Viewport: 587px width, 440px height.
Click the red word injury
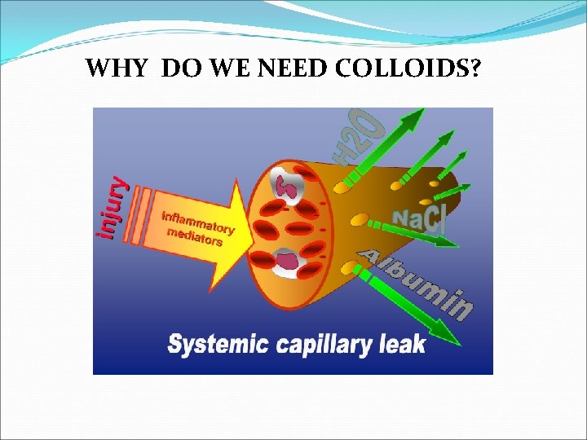(x=113, y=208)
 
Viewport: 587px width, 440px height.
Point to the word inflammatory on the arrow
(x=198, y=222)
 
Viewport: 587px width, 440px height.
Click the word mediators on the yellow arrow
(x=194, y=236)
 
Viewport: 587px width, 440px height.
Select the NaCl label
(x=418, y=218)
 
